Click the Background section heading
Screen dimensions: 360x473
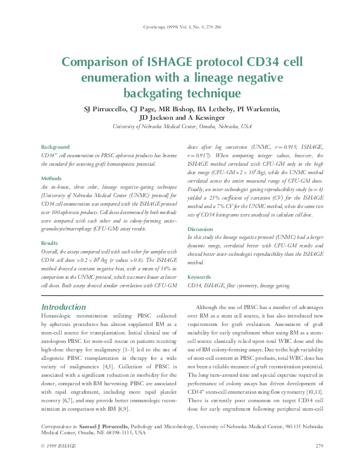pyautogui.click(x=55, y=147)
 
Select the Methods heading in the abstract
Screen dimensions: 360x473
pyautogui.click(x=51, y=178)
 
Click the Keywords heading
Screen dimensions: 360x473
pyautogui.click(x=200, y=277)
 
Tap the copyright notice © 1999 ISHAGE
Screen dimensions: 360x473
pyautogui.click(x=59, y=463)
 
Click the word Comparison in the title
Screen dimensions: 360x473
pyautogui.click(x=98, y=63)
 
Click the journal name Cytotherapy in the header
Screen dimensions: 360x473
pyautogui.click(x=154, y=27)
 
